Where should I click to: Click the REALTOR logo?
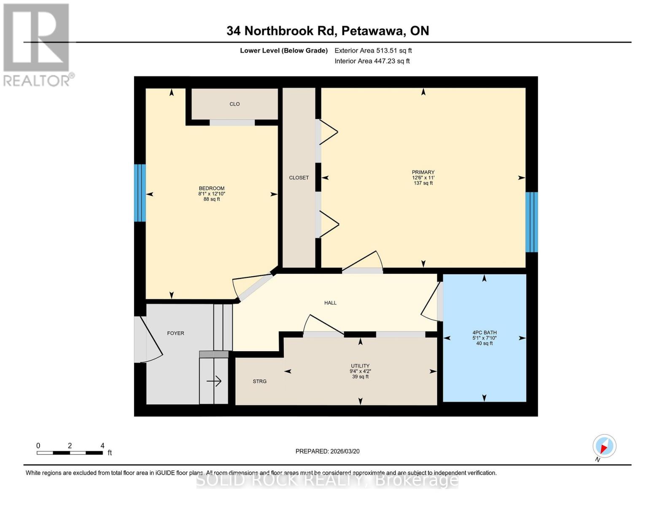[x=37, y=44]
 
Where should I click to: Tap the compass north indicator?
[x=604, y=446]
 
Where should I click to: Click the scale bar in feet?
[x=70, y=452]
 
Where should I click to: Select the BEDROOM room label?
[x=212, y=188]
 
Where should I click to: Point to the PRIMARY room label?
[x=423, y=172]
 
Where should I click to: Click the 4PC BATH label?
[x=484, y=333]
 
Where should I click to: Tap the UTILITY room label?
[x=360, y=366]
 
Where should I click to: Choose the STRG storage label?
[x=259, y=381]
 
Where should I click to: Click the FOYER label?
[x=175, y=333]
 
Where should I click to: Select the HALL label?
[x=330, y=303]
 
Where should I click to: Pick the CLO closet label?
[x=235, y=104]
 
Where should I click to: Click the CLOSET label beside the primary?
[x=299, y=178]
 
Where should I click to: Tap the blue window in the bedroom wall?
[x=140, y=193]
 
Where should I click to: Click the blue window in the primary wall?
[x=532, y=222]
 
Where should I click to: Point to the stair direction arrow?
[x=214, y=381]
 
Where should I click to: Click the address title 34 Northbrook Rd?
[x=327, y=31]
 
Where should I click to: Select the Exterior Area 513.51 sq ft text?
[x=373, y=51]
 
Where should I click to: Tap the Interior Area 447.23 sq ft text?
[x=372, y=61]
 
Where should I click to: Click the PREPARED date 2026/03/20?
[x=327, y=451]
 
